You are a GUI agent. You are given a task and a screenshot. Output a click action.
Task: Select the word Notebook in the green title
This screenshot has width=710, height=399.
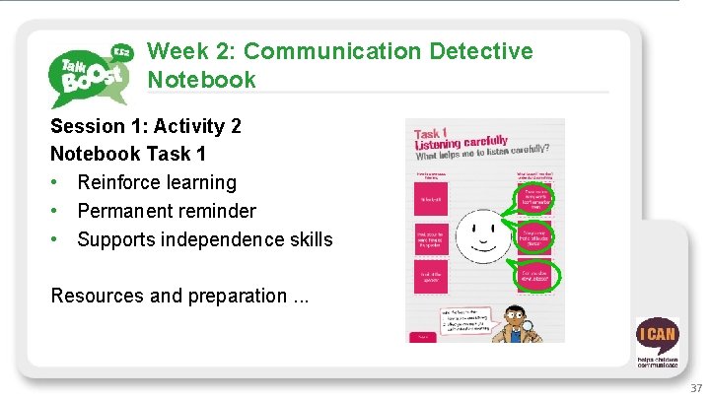[x=201, y=79]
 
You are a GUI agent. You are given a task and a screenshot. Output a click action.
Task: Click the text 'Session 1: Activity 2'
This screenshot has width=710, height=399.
[x=146, y=126]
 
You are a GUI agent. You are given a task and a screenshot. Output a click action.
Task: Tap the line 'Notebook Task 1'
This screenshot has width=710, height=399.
[x=127, y=155]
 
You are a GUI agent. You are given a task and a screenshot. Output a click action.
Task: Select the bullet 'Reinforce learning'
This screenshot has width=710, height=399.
[x=157, y=182]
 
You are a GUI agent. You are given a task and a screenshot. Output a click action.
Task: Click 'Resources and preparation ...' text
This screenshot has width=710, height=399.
[x=178, y=295]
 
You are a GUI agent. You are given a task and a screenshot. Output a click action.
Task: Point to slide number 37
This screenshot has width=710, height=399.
[x=697, y=388]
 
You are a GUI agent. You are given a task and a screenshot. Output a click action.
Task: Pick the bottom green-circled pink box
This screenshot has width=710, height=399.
[x=538, y=275]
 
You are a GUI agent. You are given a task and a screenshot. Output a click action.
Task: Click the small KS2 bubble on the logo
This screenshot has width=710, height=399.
[x=123, y=51]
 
